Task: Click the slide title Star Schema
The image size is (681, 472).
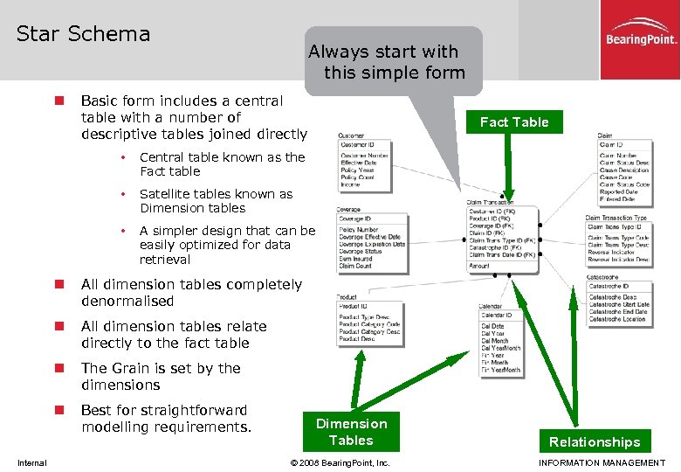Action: click(x=84, y=34)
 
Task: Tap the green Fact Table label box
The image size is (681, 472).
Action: click(x=513, y=122)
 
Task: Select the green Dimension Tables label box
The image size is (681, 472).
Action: click(x=351, y=432)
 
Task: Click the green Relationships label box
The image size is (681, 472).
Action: click(x=594, y=441)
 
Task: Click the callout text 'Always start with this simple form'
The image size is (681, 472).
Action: click(x=394, y=62)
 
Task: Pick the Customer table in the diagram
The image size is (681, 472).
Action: click(x=365, y=164)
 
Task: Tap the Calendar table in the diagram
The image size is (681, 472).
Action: click(x=501, y=344)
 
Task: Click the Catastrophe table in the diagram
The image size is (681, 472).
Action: click(x=618, y=302)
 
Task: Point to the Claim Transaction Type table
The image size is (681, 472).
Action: click(x=617, y=239)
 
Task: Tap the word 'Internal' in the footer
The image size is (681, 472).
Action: click(x=32, y=462)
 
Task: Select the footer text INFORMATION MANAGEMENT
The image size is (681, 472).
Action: click(x=602, y=462)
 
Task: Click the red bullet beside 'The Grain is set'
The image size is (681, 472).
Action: click(x=59, y=369)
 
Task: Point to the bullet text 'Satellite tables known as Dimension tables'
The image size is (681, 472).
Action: click(x=217, y=201)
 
